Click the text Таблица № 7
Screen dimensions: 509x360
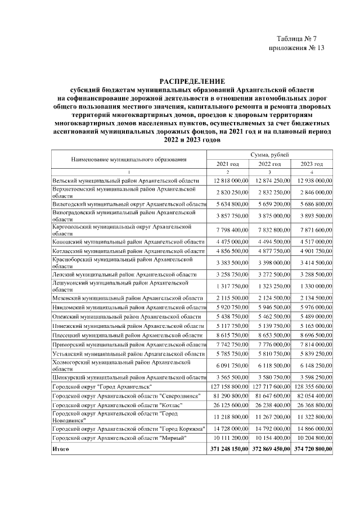point(300,38)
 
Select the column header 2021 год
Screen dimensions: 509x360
point(228,164)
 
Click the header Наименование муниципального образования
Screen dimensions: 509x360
point(128,159)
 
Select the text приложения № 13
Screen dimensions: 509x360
point(297,48)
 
